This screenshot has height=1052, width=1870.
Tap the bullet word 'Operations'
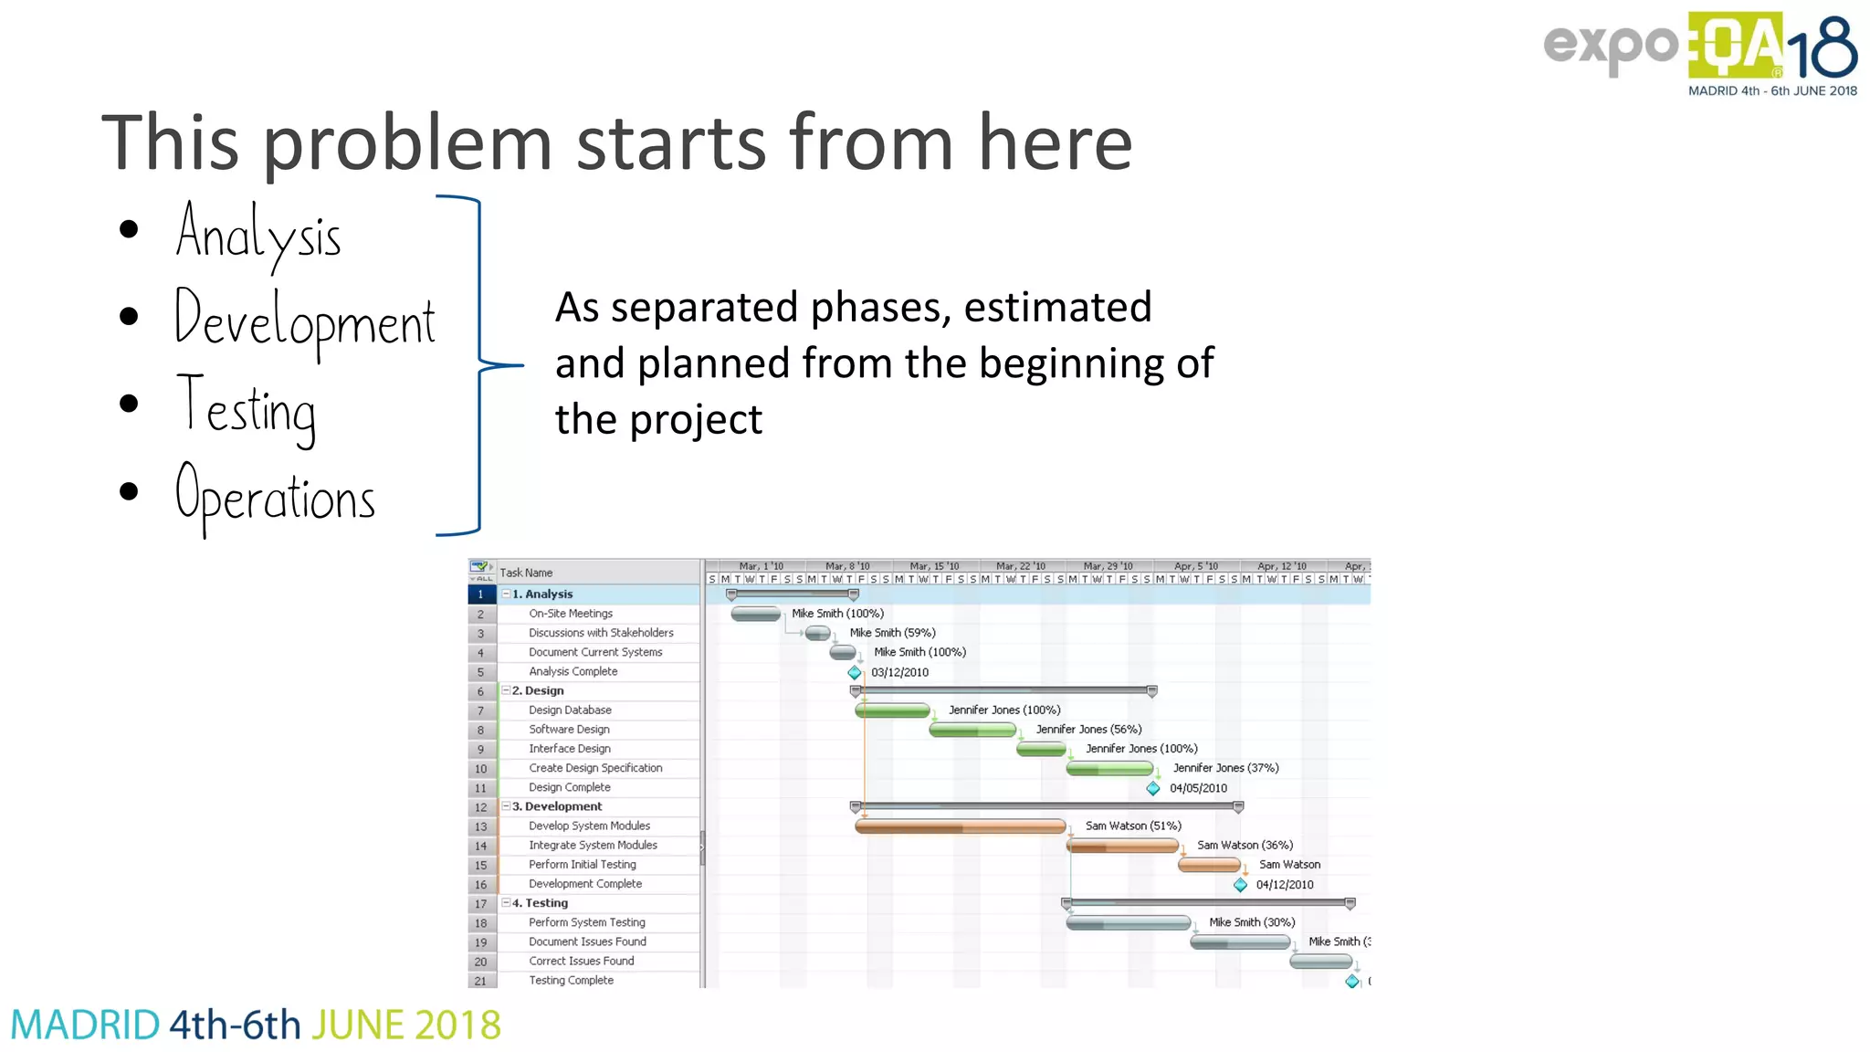[275, 497]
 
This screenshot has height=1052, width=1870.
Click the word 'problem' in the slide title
[408, 143]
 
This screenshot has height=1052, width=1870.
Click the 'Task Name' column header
[526, 573]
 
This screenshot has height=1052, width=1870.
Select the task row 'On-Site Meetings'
[571, 614]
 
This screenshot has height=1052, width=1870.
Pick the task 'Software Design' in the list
[569, 730]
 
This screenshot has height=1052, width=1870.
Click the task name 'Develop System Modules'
[589, 826]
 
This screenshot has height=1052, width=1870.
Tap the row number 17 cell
[481, 904]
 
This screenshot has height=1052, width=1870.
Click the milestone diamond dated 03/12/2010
[855, 673]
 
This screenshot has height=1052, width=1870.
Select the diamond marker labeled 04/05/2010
[1153, 788]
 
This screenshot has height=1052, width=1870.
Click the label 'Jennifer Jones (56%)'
[1088, 730]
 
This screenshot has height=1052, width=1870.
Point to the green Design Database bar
[892, 710]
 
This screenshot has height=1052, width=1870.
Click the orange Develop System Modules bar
[960, 826]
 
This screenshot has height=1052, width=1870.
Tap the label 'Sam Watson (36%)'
[1245, 846]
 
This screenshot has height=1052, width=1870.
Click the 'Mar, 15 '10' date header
[934, 566]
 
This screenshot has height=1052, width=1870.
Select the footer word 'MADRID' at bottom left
[85, 1026]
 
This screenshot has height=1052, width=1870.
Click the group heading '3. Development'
[557, 807]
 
